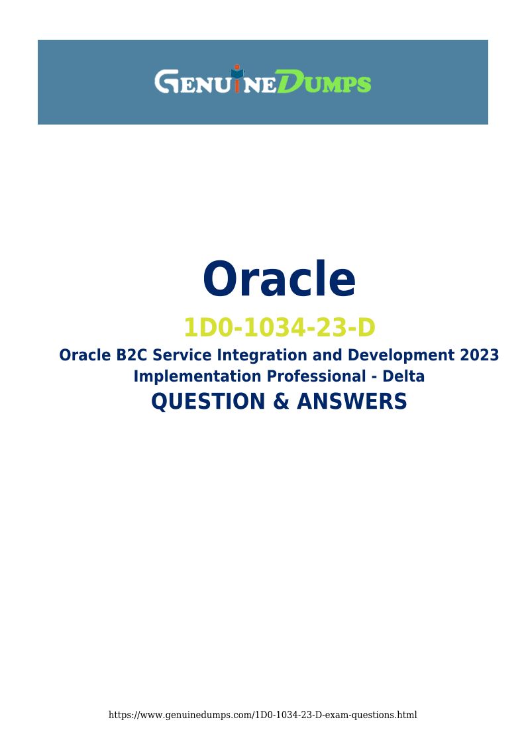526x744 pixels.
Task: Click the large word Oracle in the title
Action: coord(279,278)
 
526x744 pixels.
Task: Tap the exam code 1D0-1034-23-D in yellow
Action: coord(280,327)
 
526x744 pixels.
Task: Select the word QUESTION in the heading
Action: coord(208,401)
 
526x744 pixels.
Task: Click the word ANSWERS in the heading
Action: coord(352,401)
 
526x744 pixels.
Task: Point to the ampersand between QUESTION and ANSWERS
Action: coord(282,401)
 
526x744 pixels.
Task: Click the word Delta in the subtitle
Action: coord(403,376)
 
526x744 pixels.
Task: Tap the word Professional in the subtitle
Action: coord(316,376)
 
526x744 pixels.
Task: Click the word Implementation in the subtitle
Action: coord(197,377)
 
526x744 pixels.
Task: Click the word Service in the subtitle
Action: coord(182,355)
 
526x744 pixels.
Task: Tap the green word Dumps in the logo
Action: coord(324,81)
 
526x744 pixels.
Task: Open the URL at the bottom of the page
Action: coord(263,715)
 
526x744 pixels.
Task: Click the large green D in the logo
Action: coord(291,81)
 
